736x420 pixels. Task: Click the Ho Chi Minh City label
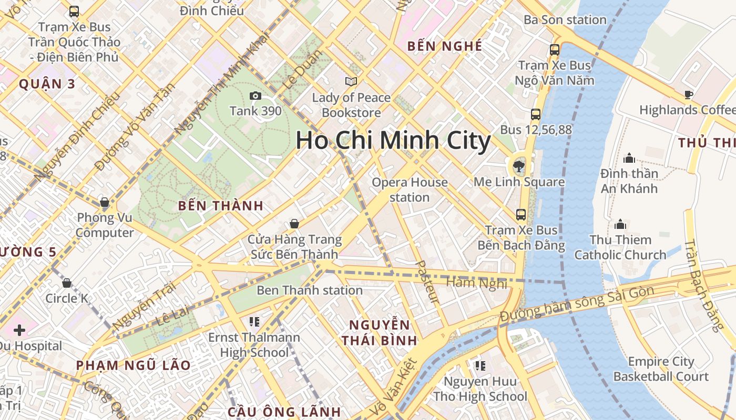[393, 141]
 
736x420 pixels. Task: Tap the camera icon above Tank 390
[255, 96]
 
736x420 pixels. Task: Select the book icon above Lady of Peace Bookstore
[351, 82]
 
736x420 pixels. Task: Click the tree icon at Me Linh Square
[519, 167]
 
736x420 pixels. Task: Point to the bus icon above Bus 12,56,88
[536, 114]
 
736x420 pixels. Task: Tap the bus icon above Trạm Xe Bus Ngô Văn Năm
[555, 50]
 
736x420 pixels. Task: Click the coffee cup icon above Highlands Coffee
[688, 94]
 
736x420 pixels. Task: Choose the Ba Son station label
[565, 20]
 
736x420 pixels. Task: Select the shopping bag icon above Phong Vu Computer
[105, 202]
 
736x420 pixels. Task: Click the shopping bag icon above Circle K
[67, 283]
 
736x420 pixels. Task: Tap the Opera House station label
[410, 190]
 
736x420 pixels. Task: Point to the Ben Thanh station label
[310, 290]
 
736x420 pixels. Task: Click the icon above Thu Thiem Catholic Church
[620, 225]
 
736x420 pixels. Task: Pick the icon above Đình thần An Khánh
[629, 158]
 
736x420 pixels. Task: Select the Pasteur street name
[427, 282]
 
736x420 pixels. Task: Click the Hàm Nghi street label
[476, 283]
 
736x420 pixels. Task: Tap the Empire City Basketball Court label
[661, 369]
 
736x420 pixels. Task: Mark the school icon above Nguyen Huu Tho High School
[479, 365]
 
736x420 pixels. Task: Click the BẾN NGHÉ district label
[445, 46]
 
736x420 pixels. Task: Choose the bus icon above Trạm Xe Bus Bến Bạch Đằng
[521, 214]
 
